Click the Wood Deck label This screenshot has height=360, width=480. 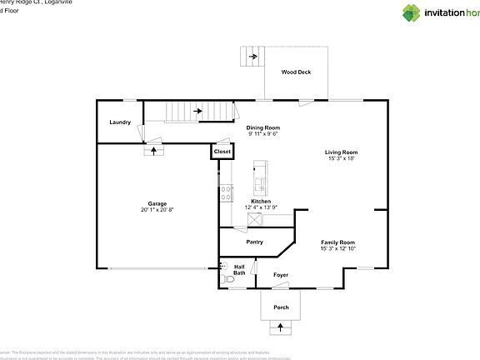pos(296,72)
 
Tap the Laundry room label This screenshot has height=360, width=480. pos(120,122)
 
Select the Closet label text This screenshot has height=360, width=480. pos(222,152)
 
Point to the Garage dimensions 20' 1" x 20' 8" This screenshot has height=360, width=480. pos(157,209)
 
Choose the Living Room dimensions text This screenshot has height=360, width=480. pos(341,158)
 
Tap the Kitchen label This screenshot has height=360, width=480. pos(262,201)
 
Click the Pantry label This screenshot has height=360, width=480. pos(255,242)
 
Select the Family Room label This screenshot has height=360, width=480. pos(338,242)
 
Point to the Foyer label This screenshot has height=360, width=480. pos(281,274)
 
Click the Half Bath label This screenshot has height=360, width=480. pos(239,269)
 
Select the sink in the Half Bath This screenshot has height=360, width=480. pos(222,266)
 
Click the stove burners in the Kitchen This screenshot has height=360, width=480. pos(225,193)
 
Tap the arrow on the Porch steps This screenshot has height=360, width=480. pos(280,327)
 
